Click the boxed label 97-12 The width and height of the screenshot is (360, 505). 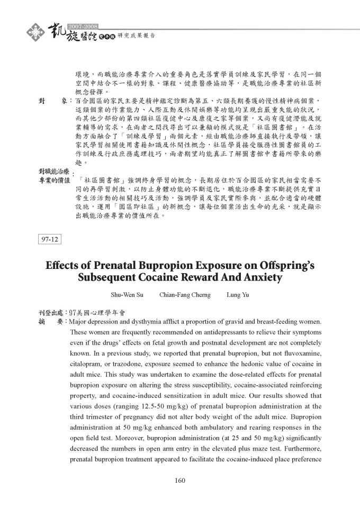pyautogui.click(x=50, y=239)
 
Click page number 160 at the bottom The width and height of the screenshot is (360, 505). pyautogui.click(x=180, y=481)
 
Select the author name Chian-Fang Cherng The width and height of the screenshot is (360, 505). pyautogui.click(x=185, y=295)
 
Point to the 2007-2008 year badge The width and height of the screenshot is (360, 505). pyautogui.click(x=83, y=26)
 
